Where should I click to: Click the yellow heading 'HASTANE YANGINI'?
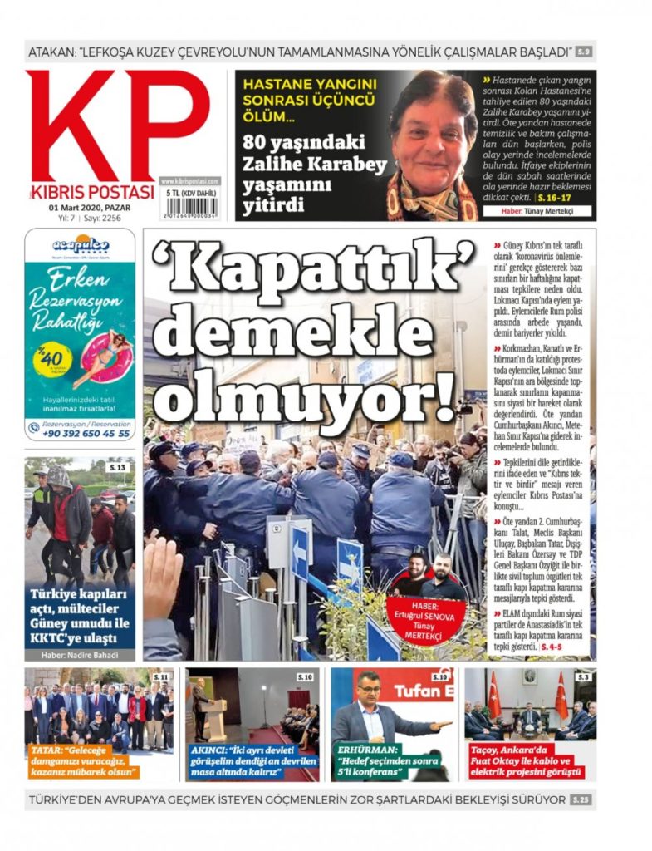tap(311, 83)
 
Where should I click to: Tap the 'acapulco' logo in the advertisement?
tap(81, 245)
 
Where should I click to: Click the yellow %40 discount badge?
tap(52, 359)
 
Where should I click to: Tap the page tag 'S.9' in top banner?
tap(584, 52)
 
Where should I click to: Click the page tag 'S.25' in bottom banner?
tap(581, 799)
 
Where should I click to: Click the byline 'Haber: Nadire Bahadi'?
tap(80, 655)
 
